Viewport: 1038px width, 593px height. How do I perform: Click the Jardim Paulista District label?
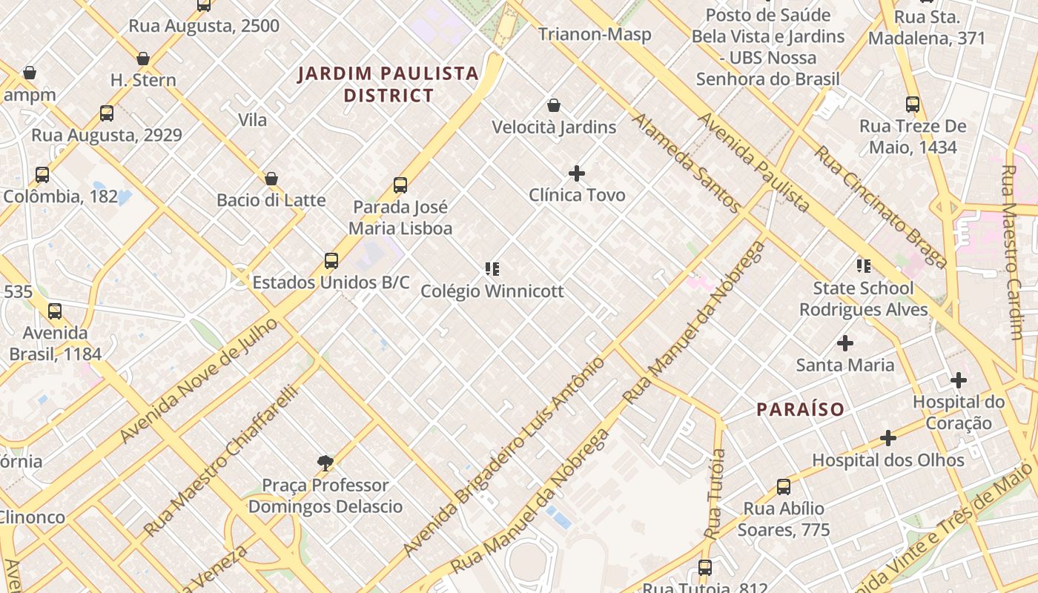pyautogui.click(x=388, y=84)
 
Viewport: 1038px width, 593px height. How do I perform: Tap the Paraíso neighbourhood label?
pyautogui.click(x=800, y=409)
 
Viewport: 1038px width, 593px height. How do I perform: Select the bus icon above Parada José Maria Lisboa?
pyautogui.click(x=400, y=185)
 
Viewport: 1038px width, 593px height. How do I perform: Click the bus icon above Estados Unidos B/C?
pyautogui.click(x=331, y=261)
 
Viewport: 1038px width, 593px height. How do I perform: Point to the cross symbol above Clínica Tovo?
pyautogui.click(x=577, y=173)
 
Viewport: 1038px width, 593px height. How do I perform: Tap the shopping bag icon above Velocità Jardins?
pyautogui.click(x=554, y=105)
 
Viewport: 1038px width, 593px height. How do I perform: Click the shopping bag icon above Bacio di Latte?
pyautogui.click(x=271, y=179)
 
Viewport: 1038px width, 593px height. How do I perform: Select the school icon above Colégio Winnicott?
pyautogui.click(x=492, y=268)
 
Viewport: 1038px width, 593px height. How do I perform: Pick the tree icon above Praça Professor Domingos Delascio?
pyautogui.click(x=325, y=463)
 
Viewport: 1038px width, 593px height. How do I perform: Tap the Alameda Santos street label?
pyautogui.click(x=687, y=163)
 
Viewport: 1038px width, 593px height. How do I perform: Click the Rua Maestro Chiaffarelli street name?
pyautogui.click(x=220, y=460)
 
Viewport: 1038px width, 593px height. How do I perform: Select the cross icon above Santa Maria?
pyautogui.click(x=844, y=343)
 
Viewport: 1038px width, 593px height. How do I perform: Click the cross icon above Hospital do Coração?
pyautogui.click(x=959, y=380)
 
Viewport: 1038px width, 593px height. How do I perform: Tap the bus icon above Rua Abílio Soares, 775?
pyautogui.click(x=784, y=487)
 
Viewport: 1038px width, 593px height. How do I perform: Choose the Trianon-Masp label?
pyautogui.click(x=595, y=34)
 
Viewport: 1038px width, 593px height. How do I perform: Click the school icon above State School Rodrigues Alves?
pyautogui.click(x=863, y=265)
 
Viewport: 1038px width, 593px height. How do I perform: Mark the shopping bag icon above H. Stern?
pyautogui.click(x=143, y=59)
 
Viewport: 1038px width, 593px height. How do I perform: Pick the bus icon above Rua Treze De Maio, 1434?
pyautogui.click(x=913, y=105)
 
